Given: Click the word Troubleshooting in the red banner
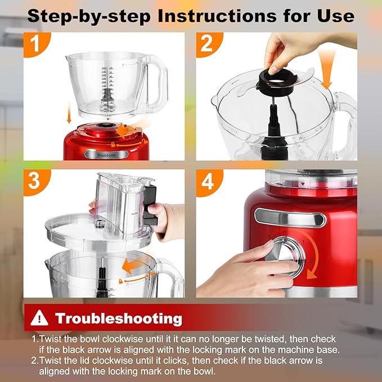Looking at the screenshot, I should click(x=118, y=318).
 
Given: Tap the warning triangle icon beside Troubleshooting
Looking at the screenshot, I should click(x=39, y=318).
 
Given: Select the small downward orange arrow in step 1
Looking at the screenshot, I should click(x=69, y=115).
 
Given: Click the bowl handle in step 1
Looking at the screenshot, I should click(x=158, y=79).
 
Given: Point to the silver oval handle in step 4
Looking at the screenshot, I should click(x=290, y=217).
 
